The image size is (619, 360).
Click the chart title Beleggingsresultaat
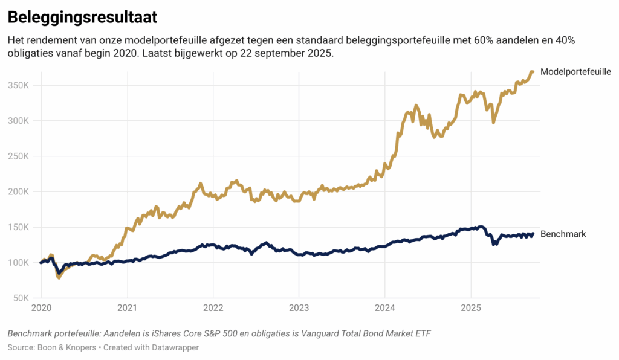click(x=82, y=18)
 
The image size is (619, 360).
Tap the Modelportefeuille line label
click(x=575, y=71)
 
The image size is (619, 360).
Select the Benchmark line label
click(x=563, y=234)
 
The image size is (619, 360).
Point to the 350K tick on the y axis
click(x=19, y=85)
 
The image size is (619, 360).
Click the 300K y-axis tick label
click(x=19, y=121)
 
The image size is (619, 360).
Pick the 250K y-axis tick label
click(x=19, y=156)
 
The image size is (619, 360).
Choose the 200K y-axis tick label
click(x=19, y=192)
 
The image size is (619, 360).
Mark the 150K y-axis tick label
click(x=19, y=228)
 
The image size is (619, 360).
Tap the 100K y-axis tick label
click(x=19, y=263)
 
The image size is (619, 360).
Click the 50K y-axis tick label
click(x=21, y=298)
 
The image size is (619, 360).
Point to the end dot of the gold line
click(x=533, y=72)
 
